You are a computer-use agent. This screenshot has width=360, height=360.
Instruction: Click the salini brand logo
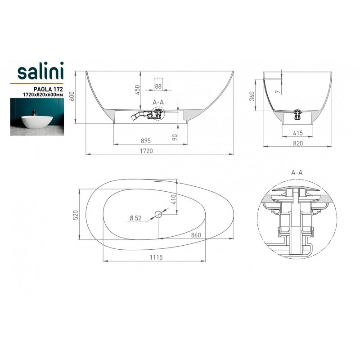[40, 71]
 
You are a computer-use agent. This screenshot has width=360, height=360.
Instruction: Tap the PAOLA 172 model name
[48, 89]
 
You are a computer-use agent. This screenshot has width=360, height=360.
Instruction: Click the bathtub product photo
[37, 117]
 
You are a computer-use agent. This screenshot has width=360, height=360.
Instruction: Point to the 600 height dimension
[72, 96]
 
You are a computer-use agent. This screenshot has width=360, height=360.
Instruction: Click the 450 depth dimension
[137, 90]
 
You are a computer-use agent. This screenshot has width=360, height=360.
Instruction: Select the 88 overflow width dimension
[158, 86]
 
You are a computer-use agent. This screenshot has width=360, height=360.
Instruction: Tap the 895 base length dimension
[146, 141]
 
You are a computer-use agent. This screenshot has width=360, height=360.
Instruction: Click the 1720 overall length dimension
[146, 151]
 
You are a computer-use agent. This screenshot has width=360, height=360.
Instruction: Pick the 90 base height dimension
[175, 138]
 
